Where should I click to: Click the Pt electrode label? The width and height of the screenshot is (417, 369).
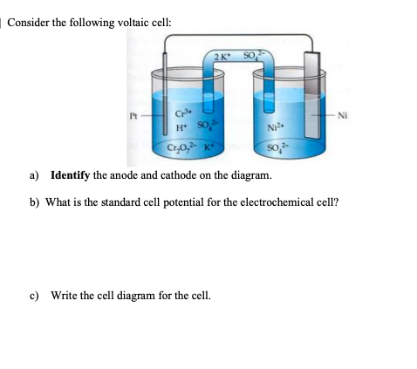point(133,116)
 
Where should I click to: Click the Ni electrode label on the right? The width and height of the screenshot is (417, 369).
point(342,116)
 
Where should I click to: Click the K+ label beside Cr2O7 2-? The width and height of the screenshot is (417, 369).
point(208,147)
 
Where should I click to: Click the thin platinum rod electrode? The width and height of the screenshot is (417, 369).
point(165,93)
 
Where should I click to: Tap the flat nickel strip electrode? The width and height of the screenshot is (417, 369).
point(311,95)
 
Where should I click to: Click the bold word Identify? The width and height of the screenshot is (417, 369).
point(70,175)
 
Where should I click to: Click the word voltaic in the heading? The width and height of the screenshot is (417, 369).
point(133,23)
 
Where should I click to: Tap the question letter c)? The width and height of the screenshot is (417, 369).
point(34,296)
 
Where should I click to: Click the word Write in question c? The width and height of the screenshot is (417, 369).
point(64,296)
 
